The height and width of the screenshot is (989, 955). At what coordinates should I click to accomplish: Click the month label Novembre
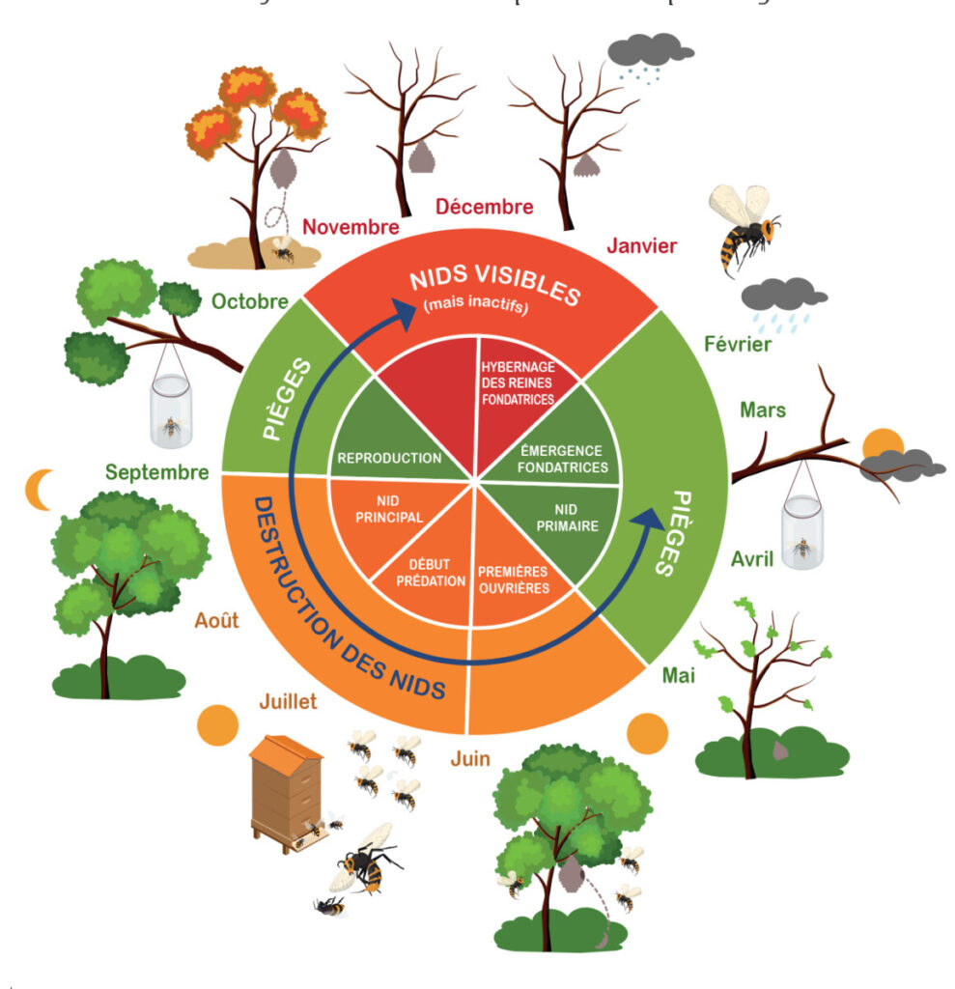pos(350,227)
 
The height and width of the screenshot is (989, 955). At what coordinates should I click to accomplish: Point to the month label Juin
pos(470,758)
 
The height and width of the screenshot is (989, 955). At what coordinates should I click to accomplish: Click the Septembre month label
pos(156,472)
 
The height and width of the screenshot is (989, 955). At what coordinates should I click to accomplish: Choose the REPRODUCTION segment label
pos(388,458)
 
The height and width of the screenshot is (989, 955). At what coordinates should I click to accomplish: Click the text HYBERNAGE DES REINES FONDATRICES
pos(517,382)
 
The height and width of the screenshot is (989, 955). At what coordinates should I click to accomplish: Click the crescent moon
pos(40,490)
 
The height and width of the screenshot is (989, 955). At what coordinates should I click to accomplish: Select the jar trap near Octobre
pos(172,410)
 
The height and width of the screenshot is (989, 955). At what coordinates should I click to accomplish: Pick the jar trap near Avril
pos(803,532)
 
